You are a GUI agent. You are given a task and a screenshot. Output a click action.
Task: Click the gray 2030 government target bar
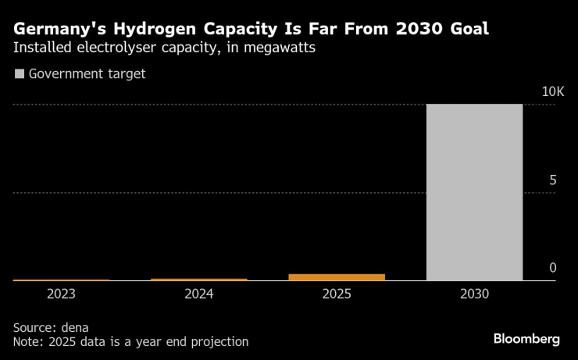click(474, 192)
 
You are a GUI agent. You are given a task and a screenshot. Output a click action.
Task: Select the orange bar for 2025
click(337, 276)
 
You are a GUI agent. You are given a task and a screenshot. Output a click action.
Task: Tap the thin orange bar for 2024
click(199, 279)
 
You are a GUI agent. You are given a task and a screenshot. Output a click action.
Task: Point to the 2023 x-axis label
click(62, 294)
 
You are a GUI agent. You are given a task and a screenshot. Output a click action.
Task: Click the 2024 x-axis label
click(199, 294)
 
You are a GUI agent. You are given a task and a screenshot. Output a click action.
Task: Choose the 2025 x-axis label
click(337, 294)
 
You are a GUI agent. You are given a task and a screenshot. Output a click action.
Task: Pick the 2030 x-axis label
click(474, 294)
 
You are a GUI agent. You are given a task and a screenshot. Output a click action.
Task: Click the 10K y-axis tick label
click(553, 92)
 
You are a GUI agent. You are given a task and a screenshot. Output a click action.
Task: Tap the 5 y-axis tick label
click(553, 180)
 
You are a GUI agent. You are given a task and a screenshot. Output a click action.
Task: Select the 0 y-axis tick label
click(553, 268)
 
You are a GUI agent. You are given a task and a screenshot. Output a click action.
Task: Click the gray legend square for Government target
click(19, 74)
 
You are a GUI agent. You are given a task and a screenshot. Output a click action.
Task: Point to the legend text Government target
click(87, 74)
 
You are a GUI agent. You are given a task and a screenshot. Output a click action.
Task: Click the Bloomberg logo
click(526, 339)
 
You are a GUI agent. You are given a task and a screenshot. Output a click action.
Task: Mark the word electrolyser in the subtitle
click(108, 48)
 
